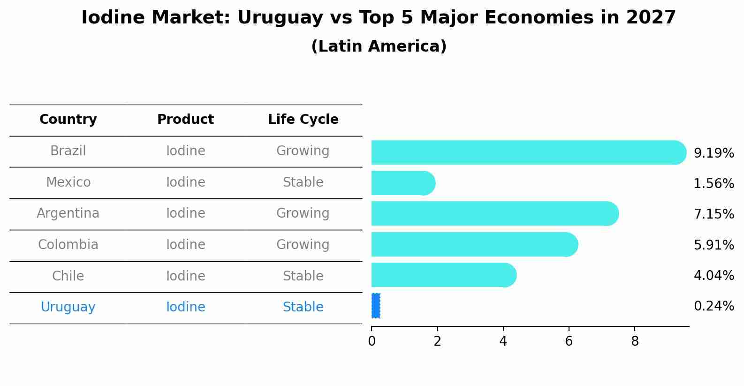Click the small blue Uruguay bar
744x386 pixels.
click(376, 306)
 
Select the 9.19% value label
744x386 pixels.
click(714, 153)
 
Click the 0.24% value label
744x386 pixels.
click(714, 306)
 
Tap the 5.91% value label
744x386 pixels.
click(714, 245)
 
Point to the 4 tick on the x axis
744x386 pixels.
click(503, 341)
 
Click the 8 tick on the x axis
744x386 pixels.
click(635, 341)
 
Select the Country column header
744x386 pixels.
click(68, 120)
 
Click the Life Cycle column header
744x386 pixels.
click(303, 120)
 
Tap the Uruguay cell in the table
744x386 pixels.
click(68, 307)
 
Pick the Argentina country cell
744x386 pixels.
click(68, 213)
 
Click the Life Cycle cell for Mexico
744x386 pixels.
click(303, 182)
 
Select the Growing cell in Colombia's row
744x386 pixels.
click(303, 245)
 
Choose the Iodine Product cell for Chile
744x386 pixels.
click(186, 276)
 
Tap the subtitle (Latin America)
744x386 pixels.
click(379, 46)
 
